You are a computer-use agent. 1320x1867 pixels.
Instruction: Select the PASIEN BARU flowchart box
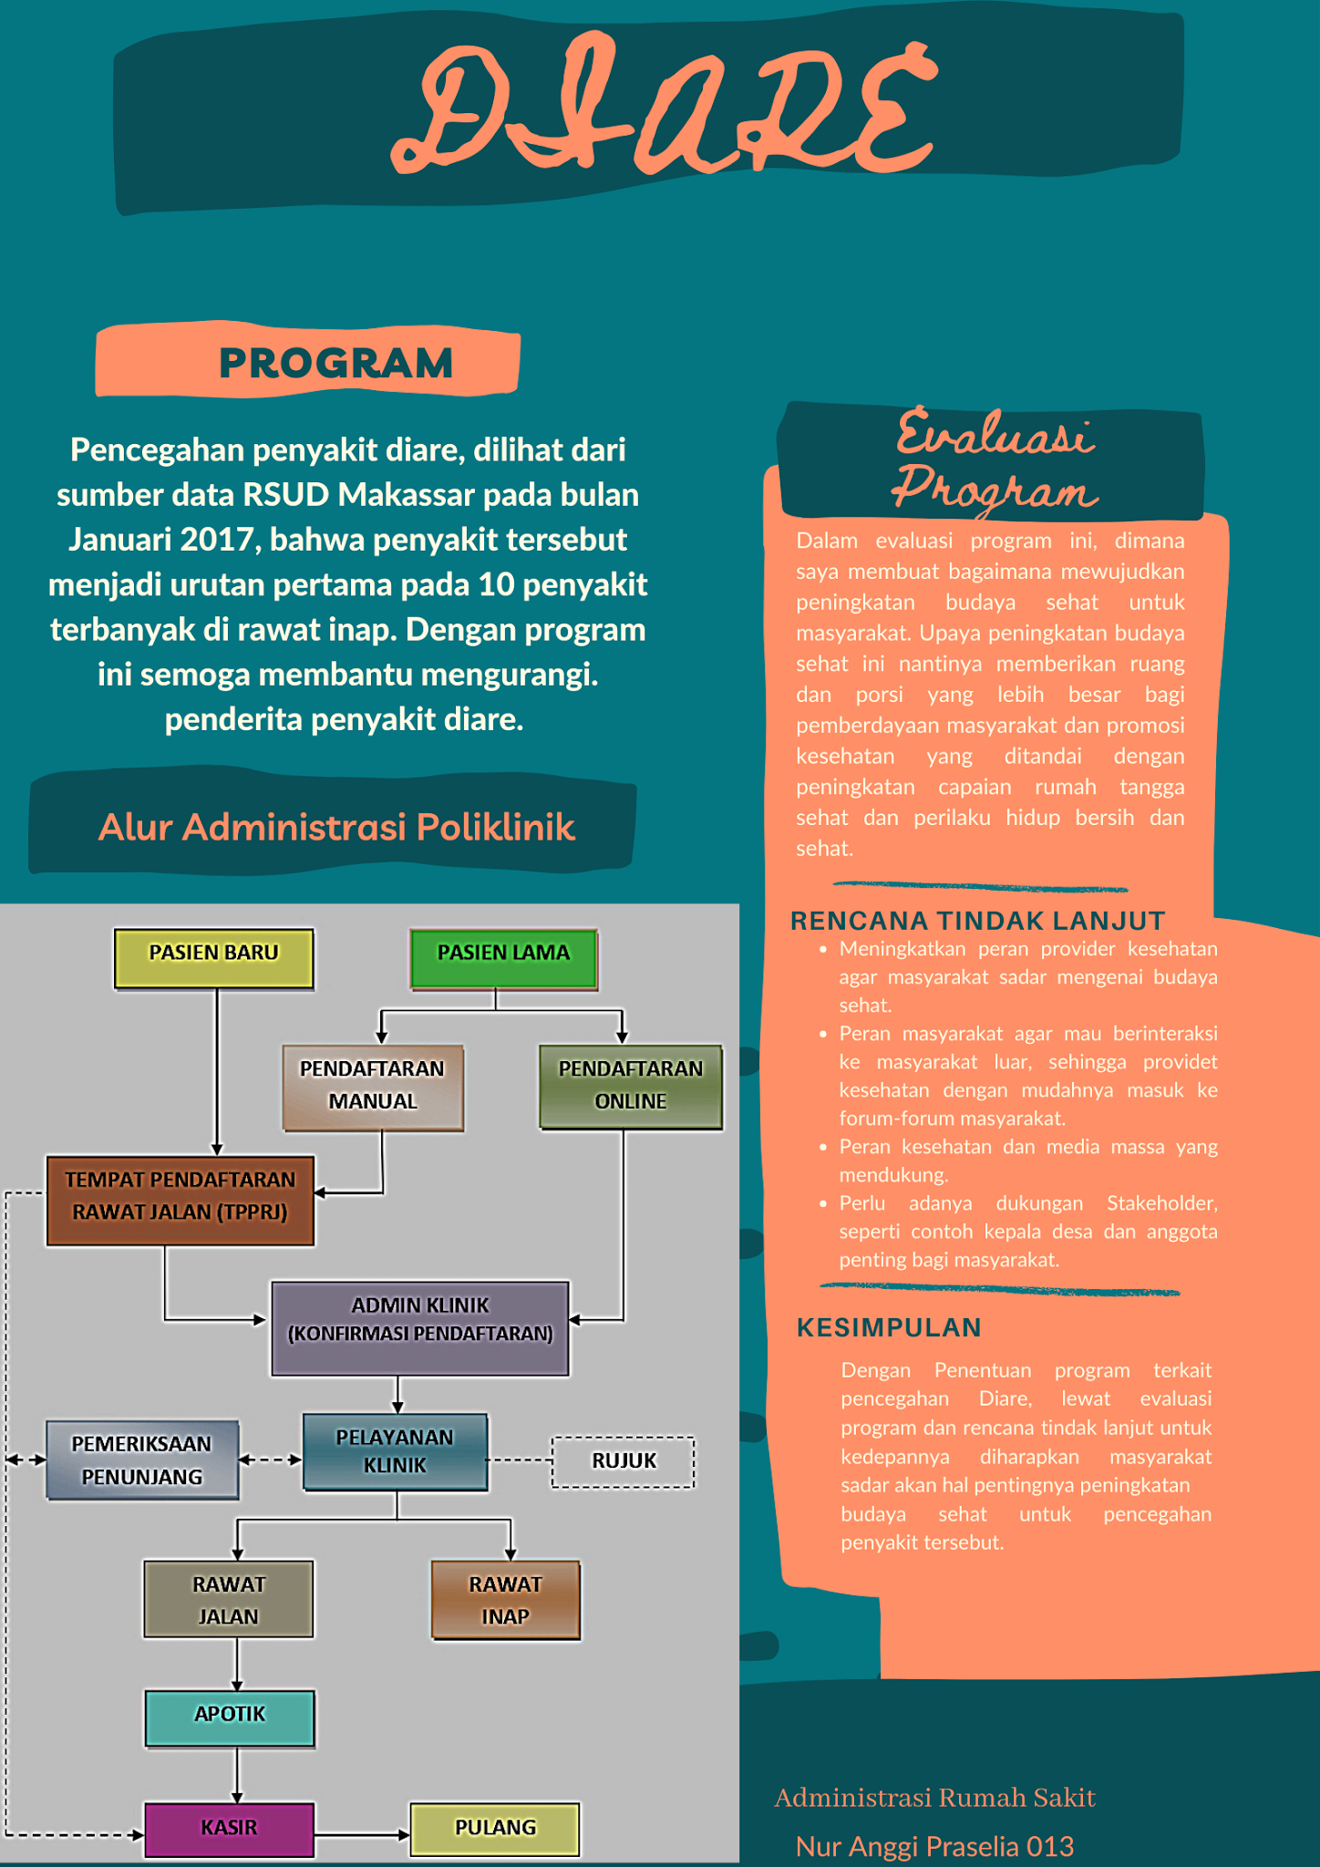[x=213, y=958]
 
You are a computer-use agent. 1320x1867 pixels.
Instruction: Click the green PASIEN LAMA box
[x=503, y=958]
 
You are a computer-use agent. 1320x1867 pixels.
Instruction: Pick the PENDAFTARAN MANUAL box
[x=372, y=1087]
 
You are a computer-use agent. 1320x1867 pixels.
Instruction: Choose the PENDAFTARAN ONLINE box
[x=630, y=1087]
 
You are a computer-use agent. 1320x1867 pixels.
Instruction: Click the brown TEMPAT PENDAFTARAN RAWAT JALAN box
[x=180, y=1200]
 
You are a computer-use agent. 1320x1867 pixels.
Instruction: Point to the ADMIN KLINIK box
[x=419, y=1327]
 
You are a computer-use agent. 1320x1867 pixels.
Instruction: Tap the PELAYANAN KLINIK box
[x=395, y=1451]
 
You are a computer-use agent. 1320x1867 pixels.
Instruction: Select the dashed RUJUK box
[x=624, y=1461]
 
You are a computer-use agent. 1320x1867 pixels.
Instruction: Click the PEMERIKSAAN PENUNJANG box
[x=142, y=1460]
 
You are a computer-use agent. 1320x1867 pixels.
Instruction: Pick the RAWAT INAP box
[x=505, y=1600]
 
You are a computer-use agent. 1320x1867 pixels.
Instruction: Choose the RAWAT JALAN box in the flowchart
[x=228, y=1600]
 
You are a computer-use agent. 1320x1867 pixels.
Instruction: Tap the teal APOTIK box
[x=230, y=1718]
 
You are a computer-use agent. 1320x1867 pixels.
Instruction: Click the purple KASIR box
[x=229, y=1829]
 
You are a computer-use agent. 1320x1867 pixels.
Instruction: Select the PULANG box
[x=495, y=1829]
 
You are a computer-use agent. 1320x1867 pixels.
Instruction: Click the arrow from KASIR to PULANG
[x=362, y=1834]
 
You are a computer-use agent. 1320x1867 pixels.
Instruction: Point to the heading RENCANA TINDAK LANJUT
[x=977, y=921]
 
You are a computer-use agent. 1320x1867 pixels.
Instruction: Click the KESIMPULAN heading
[x=889, y=1327]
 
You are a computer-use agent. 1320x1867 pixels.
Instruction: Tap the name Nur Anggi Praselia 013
[x=934, y=1846]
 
